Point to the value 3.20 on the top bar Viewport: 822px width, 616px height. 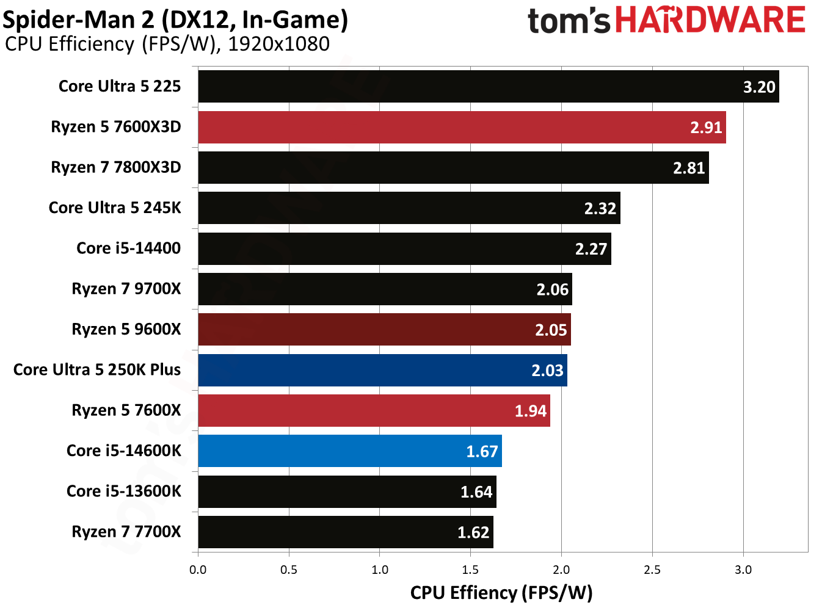(759, 87)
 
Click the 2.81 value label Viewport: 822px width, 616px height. (689, 168)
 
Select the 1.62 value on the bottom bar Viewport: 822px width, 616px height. (473, 532)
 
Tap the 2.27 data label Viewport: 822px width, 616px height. (591, 249)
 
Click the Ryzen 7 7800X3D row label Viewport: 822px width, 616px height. (116, 167)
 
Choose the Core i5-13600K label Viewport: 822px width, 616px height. (124, 491)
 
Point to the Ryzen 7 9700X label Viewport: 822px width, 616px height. (126, 289)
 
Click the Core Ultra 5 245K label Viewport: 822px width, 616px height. (115, 208)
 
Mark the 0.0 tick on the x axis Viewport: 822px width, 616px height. (198, 570)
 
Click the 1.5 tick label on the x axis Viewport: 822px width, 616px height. (470, 570)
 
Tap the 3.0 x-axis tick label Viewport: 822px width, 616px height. (743, 570)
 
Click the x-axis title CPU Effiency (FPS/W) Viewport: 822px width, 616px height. (501, 593)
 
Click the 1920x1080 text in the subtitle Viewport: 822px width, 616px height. (278, 45)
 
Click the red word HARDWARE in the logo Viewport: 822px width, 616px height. (710, 20)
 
